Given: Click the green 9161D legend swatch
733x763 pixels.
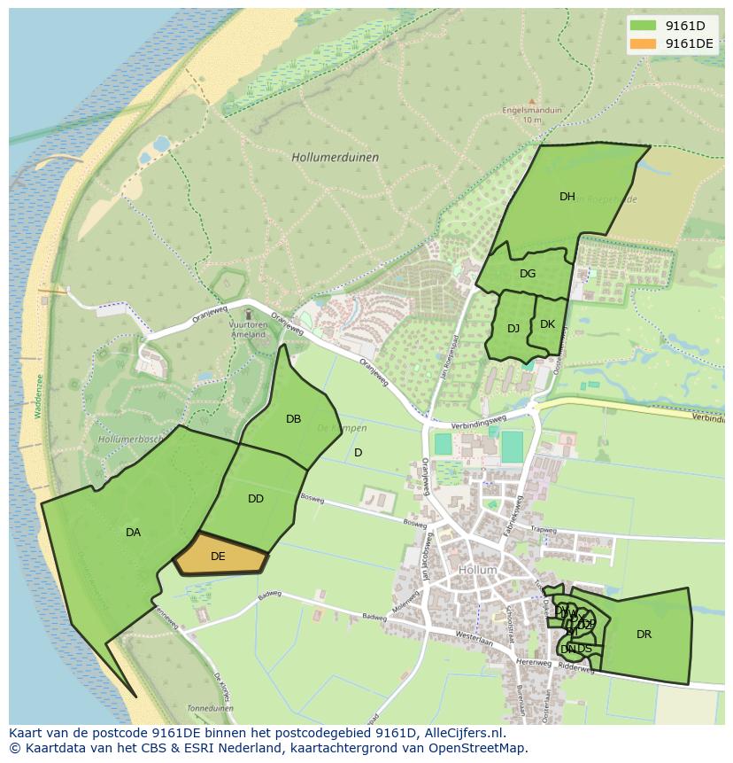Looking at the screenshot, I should click(644, 26).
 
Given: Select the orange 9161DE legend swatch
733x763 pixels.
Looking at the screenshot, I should click(644, 43).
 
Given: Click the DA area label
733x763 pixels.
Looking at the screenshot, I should click(133, 533).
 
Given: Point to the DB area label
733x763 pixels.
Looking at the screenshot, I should click(293, 419).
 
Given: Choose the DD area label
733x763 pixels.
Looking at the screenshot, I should click(256, 499).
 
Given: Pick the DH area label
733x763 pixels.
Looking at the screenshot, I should click(567, 197).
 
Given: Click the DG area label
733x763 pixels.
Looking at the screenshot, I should click(528, 274).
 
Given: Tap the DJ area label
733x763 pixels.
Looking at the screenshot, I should click(513, 329).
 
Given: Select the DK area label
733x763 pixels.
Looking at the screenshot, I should click(547, 324).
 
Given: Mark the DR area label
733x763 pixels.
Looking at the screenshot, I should click(644, 635).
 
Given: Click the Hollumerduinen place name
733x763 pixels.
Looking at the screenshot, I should click(335, 158).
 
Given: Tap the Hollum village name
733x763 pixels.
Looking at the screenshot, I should click(478, 570).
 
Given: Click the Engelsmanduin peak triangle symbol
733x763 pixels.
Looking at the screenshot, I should click(531, 102).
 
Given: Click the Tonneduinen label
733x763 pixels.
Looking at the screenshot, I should click(210, 708).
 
